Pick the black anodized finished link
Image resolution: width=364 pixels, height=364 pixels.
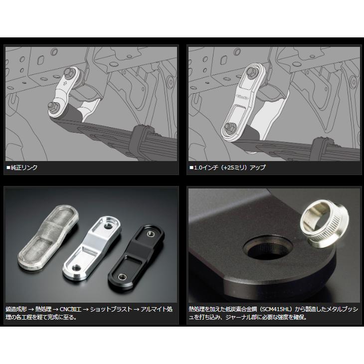click(x=136, y=257)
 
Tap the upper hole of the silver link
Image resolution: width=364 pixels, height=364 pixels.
click(x=108, y=226)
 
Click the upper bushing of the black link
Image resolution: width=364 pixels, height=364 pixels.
click(x=150, y=234)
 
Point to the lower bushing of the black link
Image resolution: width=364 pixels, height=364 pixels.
click(x=122, y=277)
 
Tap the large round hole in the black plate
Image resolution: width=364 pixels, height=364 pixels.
click(x=269, y=248)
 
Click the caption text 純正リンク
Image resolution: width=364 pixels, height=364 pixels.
click(x=24, y=168)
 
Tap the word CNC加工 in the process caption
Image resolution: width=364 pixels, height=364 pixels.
click(x=71, y=309)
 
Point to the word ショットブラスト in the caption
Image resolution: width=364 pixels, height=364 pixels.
click(x=111, y=309)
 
